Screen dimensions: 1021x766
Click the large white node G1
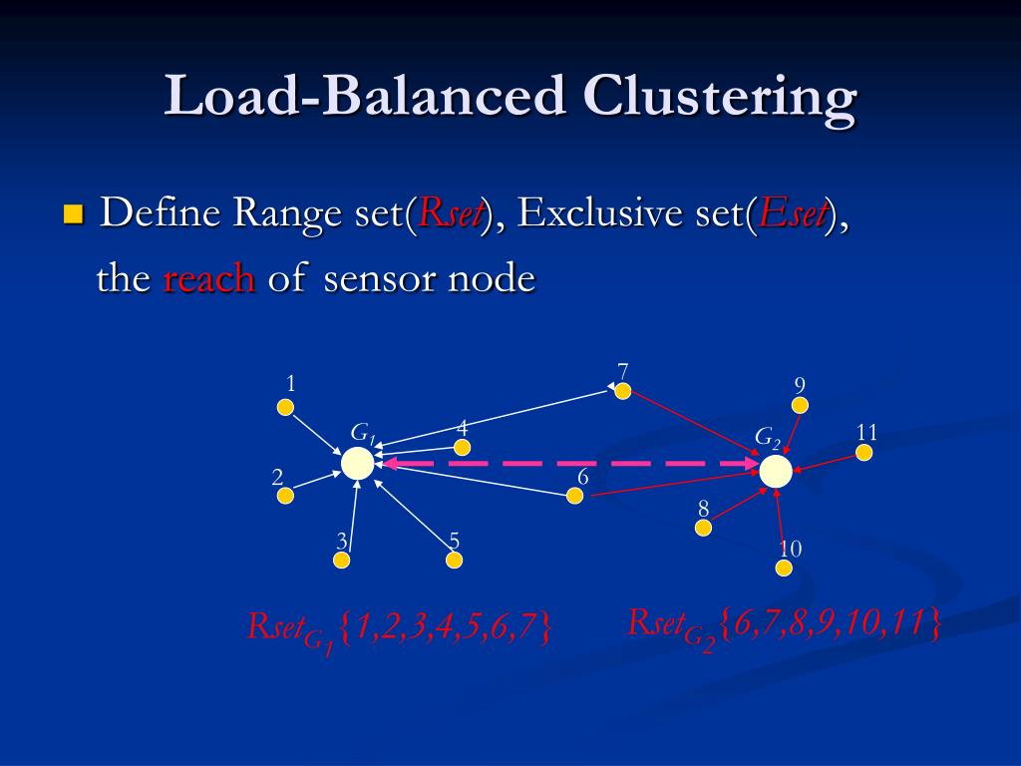coord(357,463)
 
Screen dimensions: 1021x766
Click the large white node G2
coord(776,472)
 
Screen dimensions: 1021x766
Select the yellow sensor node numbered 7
coord(623,391)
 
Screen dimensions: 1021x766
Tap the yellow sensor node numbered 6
coord(574,496)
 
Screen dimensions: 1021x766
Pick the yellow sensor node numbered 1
coord(285,407)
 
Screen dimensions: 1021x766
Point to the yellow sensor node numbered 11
coord(864,453)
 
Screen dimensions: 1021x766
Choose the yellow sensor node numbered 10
coord(784,568)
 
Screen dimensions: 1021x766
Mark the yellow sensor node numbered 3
coord(342,561)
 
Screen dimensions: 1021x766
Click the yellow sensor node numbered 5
coord(455,561)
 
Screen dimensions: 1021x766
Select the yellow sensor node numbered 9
coord(800,405)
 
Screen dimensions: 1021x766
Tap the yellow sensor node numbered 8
coord(704,528)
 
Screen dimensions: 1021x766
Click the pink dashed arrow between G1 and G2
coord(568,464)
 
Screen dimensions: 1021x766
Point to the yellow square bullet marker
coord(73,213)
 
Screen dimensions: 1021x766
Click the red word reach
coord(208,279)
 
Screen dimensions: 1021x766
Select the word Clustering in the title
coord(719,98)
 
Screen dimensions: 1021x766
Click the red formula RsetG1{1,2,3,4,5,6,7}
coord(399,628)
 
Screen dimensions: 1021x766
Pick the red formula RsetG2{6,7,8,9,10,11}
coord(784,624)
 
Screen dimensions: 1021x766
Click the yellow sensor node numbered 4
coord(462,448)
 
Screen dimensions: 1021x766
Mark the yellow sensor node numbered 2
coord(285,496)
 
